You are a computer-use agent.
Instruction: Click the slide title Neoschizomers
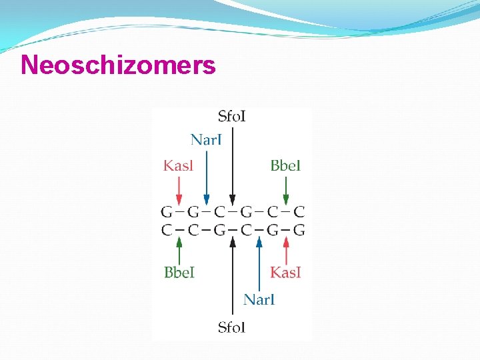click(118, 65)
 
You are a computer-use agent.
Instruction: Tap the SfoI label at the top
click(232, 117)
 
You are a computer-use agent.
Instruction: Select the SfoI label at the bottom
click(232, 327)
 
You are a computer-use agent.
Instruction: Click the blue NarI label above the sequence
click(206, 139)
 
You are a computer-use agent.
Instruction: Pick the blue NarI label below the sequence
click(259, 299)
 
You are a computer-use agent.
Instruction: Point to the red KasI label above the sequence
click(178, 165)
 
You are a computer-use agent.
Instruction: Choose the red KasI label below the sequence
click(285, 272)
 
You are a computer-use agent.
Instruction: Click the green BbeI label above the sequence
click(285, 165)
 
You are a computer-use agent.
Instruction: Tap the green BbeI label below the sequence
click(179, 272)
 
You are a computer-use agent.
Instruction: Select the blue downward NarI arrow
click(206, 177)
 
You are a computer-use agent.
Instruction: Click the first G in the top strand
click(166, 213)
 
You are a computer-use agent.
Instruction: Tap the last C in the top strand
click(299, 213)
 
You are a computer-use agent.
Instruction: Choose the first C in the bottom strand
click(166, 231)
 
